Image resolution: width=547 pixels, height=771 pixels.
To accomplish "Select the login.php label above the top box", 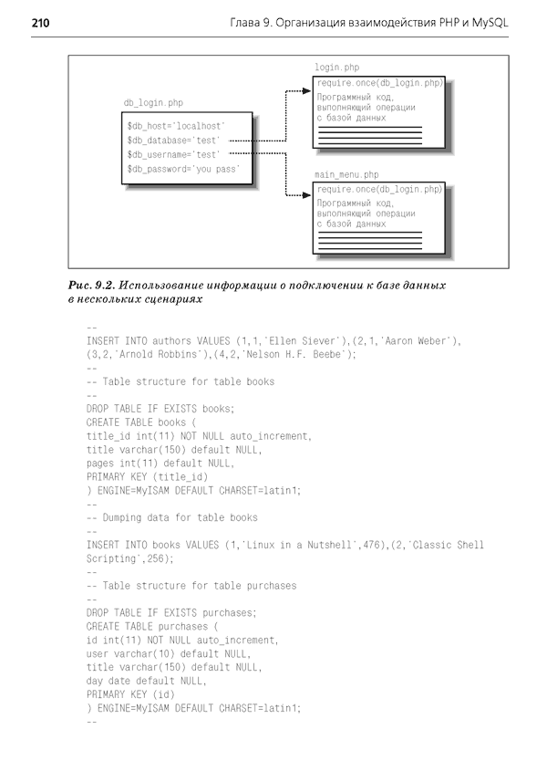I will coord(336,68).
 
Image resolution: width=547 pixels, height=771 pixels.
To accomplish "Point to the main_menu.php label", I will coord(346,173).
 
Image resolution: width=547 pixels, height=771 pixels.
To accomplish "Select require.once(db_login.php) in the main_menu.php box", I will coord(379,189).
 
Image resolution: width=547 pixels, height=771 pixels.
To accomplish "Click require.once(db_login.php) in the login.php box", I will coord(379,84).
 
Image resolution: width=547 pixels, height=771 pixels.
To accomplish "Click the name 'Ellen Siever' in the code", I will coord(278,340).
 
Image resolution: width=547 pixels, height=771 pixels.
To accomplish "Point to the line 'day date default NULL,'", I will coord(146,680).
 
